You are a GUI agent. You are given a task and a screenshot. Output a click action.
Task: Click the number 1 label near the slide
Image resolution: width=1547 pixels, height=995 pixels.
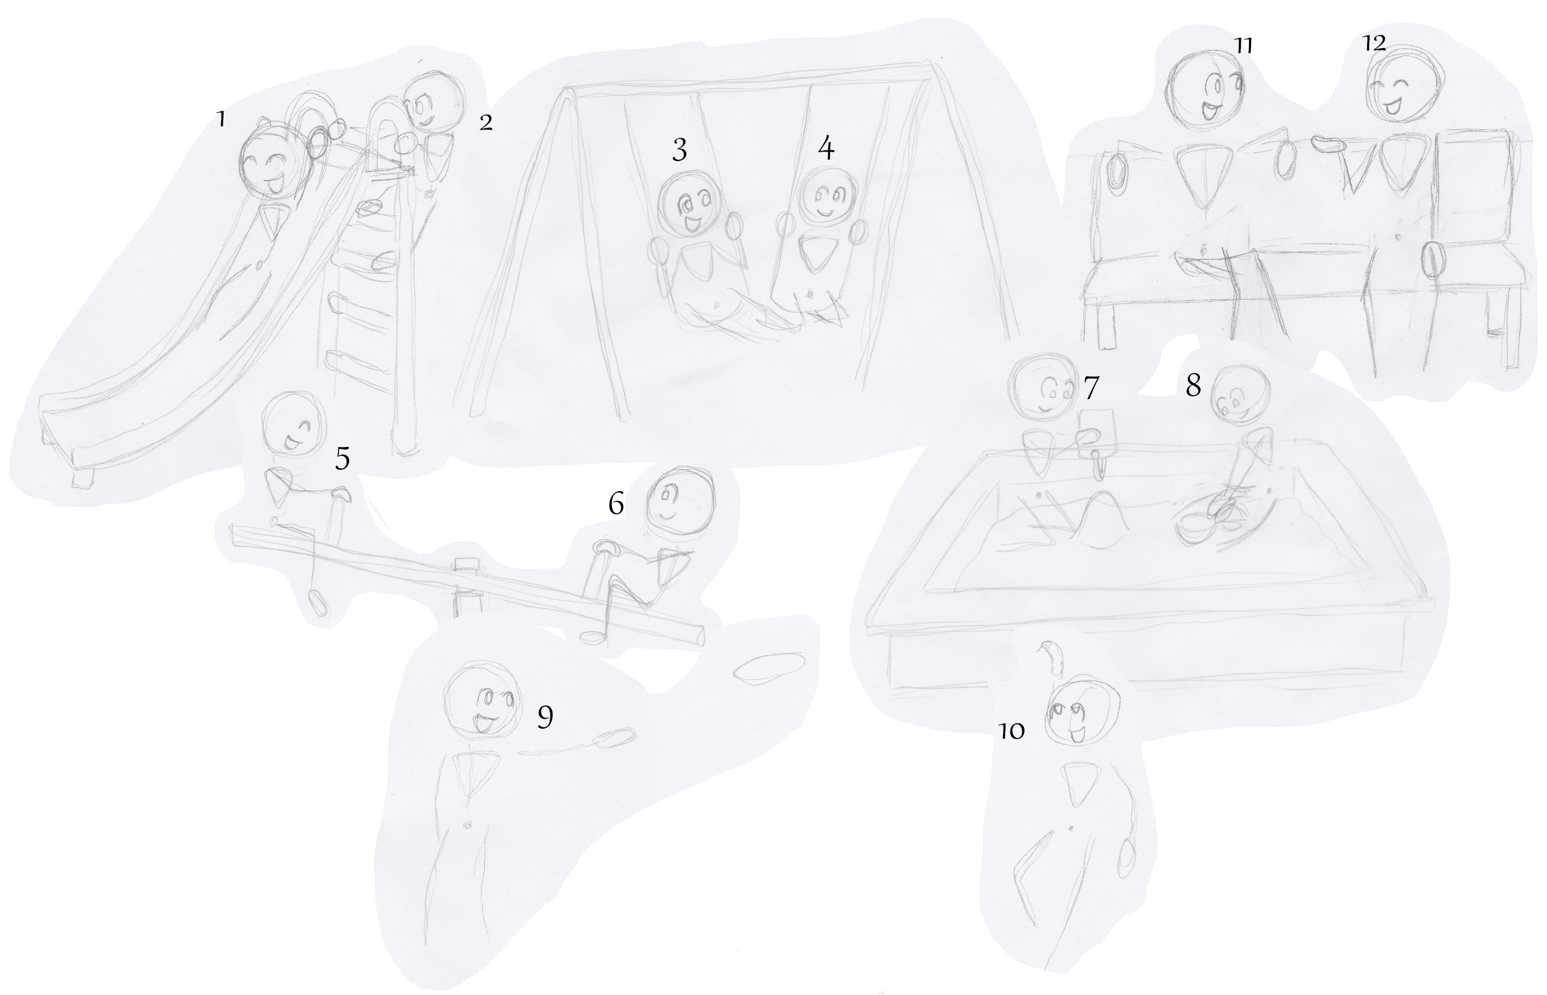[x=221, y=119]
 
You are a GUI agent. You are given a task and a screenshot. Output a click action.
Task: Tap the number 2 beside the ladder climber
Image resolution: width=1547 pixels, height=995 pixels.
[x=486, y=122]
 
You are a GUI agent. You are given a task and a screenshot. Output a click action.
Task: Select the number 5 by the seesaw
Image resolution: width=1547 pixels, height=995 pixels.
[x=342, y=458]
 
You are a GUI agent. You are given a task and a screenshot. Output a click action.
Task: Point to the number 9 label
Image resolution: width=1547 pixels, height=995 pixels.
[x=545, y=717]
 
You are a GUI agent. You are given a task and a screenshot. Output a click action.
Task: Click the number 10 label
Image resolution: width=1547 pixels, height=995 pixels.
[x=1012, y=730]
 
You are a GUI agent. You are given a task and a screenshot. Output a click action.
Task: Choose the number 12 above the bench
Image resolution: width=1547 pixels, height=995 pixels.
[x=1374, y=43]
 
